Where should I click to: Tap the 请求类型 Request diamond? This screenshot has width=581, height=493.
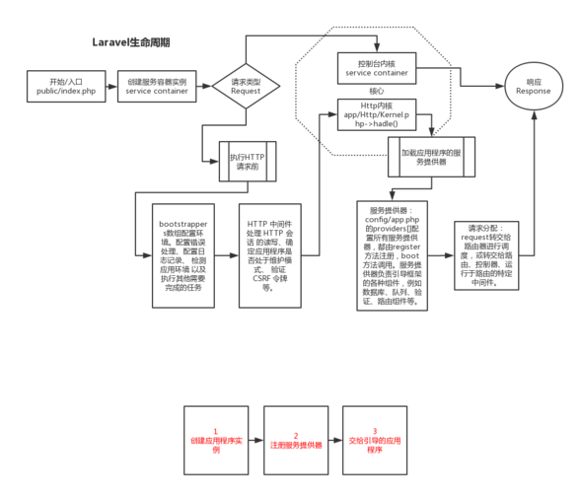[246, 86]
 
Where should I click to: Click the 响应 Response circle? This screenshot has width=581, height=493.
[534, 86]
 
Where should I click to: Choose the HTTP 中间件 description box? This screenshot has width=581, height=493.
[266, 254]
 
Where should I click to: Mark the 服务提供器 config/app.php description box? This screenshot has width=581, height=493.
[393, 255]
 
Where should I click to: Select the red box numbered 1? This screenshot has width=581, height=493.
[216, 443]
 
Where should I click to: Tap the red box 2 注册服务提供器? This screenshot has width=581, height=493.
[296, 443]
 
